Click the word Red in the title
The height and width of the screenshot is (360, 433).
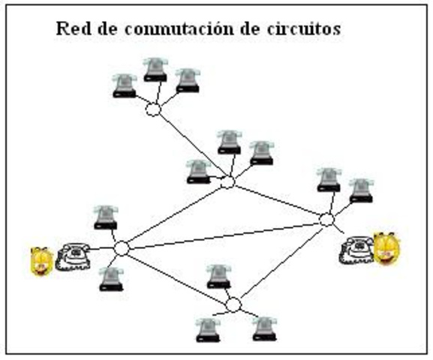pyautogui.click(x=71, y=29)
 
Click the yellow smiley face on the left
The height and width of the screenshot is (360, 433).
pyautogui.click(x=41, y=260)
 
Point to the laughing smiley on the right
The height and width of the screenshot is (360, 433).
pyautogui.click(x=386, y=249)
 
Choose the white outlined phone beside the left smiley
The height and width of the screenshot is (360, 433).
pyautogui.click(x=73, y=256)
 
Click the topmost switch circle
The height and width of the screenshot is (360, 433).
pyautogui.click(x=152, y=110)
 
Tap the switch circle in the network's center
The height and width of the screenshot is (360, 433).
pyautogui.click(x=227, y=182)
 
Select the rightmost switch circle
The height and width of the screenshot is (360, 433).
pyautogui.click(x=326, y=220)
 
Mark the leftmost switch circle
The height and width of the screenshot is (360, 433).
pyautogui.click(x=122, y=248)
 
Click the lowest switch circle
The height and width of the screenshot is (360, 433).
pyautogui.click(x=233, y=304)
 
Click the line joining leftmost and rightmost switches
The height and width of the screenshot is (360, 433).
pyautogui.click(x=225, y=234)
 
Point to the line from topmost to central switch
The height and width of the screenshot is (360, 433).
pyautogui.click(x=190, y=146)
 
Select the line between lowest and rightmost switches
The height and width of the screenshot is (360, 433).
pyautogui.click(x=280, y=262)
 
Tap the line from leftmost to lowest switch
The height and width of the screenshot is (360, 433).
pyautogui.click(x=178, y=277)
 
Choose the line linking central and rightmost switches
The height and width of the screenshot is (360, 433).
pyautogui.click(x=277, y=201)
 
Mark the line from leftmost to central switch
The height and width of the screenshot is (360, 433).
pyautogui.click(x=175, y=215)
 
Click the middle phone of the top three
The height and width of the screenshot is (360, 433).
pyautogui.click(x=155, y=70)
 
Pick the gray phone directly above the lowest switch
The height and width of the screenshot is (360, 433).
pyautogui.click(x=218, y=277)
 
